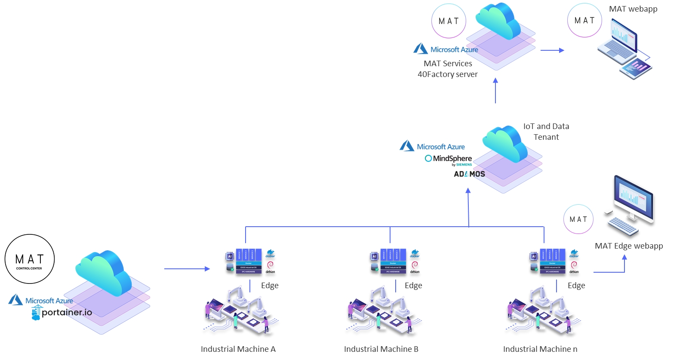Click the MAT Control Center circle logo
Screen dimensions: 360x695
[30, 259]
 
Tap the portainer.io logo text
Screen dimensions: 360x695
[66, 312]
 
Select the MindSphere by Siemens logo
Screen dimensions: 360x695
[449, 159]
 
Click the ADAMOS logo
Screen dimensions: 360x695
[469, 174]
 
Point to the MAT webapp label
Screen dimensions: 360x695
[633, 9]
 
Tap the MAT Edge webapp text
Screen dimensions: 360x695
[629, 246]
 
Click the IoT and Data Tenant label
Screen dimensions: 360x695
[546, 132]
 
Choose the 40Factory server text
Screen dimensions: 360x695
[447, 74]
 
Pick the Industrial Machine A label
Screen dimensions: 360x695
[238, 349]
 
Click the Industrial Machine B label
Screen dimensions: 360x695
[381, 349]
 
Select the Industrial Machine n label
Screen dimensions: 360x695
[540, 349]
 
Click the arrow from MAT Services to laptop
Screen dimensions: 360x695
[552, 50]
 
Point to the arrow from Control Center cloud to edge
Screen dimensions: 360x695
[187, 269]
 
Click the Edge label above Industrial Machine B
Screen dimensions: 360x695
[413, 286]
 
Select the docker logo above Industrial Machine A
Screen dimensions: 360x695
[271, 254]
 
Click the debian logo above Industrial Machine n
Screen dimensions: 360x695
[574, 267]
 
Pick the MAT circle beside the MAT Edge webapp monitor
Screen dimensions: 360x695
[578, 219]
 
